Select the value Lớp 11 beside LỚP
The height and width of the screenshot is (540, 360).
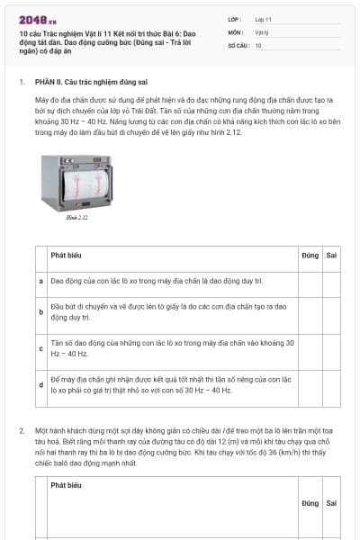coord(263,19)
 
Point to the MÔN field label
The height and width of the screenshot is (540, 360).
coord(234,31)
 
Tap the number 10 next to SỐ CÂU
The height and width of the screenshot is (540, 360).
coord(258,44)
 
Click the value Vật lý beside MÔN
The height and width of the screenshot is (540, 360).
coord(262,31)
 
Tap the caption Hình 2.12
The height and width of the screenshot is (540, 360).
coord(77,217)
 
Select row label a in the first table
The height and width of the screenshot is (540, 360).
coord(41,281)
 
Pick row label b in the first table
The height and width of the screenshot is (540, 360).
coord(41,311)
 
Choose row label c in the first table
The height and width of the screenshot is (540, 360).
coord(41,347)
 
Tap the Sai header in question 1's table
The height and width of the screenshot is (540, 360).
coord(331,256)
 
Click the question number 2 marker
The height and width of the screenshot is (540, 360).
coord(22,431)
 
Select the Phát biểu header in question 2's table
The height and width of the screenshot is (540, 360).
coord(67,485)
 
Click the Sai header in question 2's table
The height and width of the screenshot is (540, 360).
coord(331,503)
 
